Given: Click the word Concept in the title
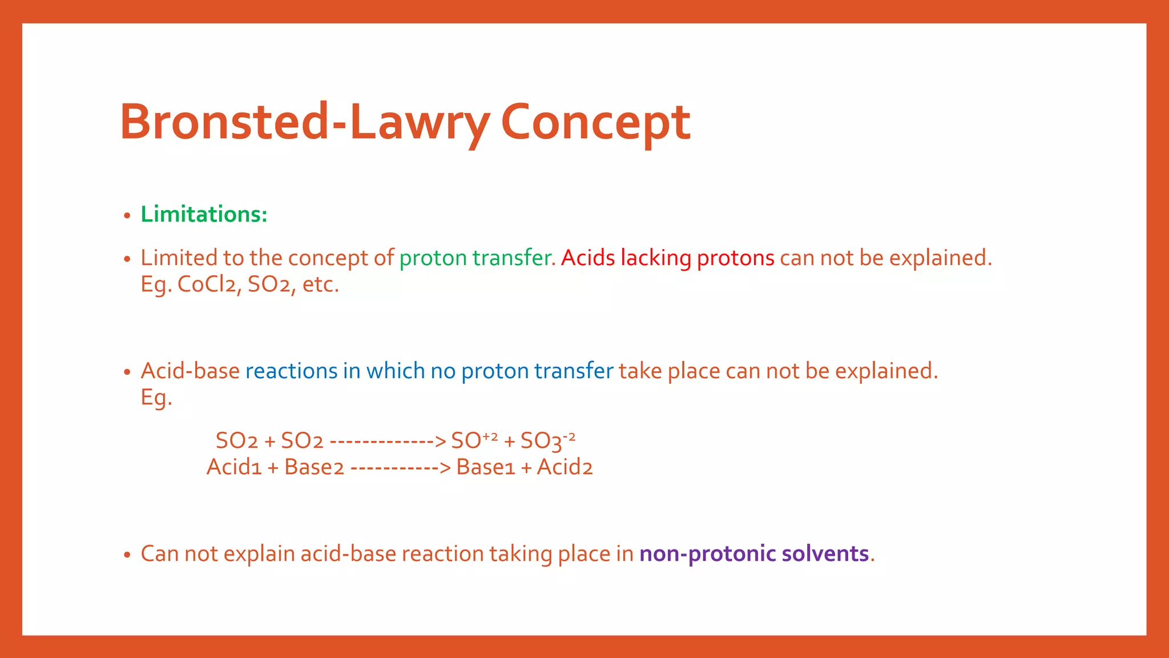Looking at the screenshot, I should click(595, 122).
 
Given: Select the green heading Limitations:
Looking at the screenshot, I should click(204, 215).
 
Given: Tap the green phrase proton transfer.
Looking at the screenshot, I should click(477, 258).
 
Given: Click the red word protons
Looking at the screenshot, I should click(735, 258).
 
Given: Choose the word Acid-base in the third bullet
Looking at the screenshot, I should click(190, 371).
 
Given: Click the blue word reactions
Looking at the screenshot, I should click(291, 371).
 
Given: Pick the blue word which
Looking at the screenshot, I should click(395, 371).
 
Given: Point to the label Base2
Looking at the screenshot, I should click(314, 467).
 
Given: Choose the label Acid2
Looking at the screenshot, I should click(565, 467).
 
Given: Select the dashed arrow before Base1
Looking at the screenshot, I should click(400, 468).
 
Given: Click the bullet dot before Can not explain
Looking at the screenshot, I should click(127, 555).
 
